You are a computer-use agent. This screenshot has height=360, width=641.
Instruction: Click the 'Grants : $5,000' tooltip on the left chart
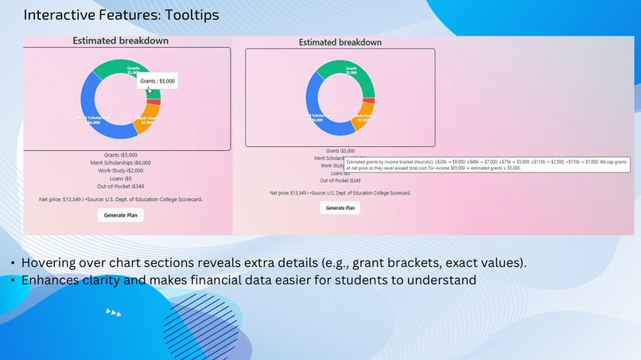[157, 81]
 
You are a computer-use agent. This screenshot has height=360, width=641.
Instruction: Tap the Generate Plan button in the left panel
[121, 215]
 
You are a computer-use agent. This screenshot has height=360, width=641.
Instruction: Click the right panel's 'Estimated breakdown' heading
[340, 42]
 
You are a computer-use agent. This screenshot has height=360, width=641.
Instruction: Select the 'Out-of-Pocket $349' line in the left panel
[121, 188]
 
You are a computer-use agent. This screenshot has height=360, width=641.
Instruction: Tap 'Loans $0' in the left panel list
[121, 180]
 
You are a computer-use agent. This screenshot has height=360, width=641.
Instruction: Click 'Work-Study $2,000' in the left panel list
[121, 171]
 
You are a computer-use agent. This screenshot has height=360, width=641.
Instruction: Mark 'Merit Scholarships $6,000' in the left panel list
[121, 162]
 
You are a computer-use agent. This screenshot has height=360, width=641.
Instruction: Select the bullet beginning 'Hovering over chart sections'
[274, 263]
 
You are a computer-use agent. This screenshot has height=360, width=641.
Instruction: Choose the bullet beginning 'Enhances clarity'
[248, 280]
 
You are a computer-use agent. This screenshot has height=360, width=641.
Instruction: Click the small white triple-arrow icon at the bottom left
[114, 313]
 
